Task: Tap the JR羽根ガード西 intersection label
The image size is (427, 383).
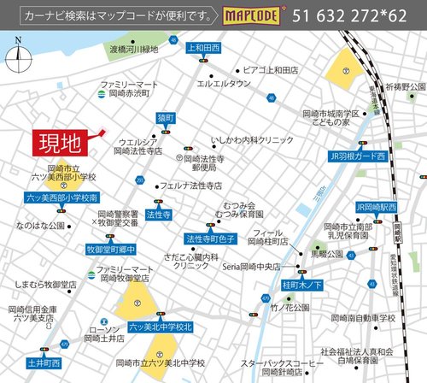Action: point(357,156)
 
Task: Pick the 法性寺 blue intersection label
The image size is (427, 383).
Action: point(158,215)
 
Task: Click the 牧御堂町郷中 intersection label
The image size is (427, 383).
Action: point(112,249)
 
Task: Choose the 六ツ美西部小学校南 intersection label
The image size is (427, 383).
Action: point(62,197)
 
